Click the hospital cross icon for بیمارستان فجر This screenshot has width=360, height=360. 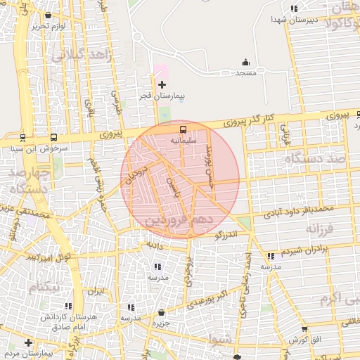(162, 84)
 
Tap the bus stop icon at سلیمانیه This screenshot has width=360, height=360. (183, 129)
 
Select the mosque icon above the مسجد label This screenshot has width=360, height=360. (245, 63)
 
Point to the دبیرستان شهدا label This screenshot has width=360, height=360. (294, 20)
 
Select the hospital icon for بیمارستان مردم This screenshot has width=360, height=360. (28, 342)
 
